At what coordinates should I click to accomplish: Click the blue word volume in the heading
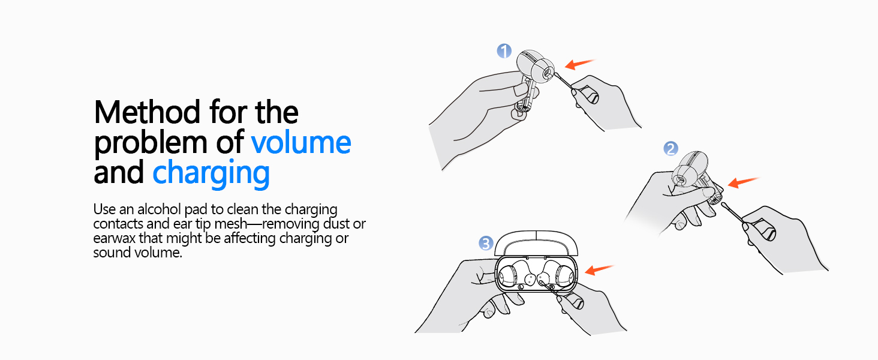(301, 142)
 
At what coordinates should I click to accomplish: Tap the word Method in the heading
(148, 112)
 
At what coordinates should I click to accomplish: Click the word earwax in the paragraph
(114, 239)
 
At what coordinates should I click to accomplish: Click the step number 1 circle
(504, 51)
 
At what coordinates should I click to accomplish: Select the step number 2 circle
(670, 149)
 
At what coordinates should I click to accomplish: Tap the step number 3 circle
(486, 244)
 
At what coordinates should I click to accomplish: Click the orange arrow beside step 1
(580, 64)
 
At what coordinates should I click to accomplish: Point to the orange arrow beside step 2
(744, 182)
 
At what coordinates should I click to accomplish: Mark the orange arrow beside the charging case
(600, 270)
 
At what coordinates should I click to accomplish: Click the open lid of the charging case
(536, 243)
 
